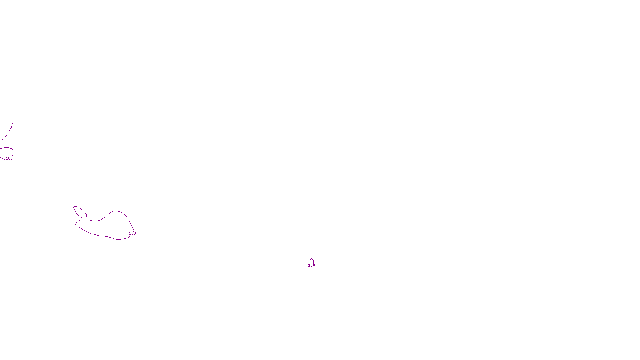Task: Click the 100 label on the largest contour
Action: pyautogui.click(x=132, y=234)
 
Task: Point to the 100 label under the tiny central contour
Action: pyautogui.click(x=312, y=266)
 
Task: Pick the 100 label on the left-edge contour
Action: pyautogui.click(x=9, y=158)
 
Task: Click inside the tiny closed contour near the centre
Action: pyautogui.click(x=312, y=261)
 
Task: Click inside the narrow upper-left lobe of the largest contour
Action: pyautogui.click(x=80, y=211)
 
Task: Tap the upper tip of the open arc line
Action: pyautogui.click(x=13, y=123)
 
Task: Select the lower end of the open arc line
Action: pyautogui.click(x=2, y=140)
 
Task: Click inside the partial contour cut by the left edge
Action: pyautogui.click(x=6, y=152)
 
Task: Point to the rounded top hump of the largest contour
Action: pyautogui.click(x=116, y=211)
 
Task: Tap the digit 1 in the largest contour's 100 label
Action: pyautogui.click(x=130, y=234)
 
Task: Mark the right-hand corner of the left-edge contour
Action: pyautogui.click(x=14, y=150)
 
